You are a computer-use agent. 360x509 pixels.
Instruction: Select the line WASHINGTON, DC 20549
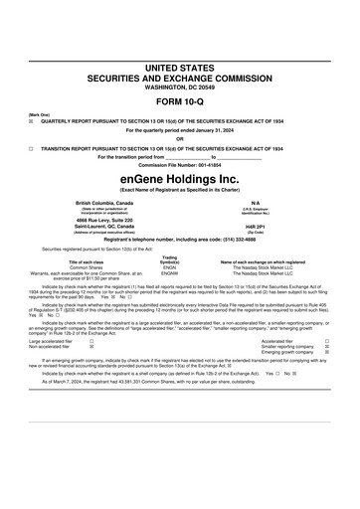pos(179,86)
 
